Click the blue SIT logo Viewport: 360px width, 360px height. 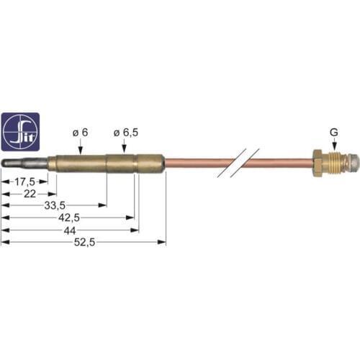coord(20,131)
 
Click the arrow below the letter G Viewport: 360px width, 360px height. coord(333,145)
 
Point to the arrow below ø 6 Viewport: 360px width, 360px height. coord(81,147)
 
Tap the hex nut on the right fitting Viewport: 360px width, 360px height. coord(316,163)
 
